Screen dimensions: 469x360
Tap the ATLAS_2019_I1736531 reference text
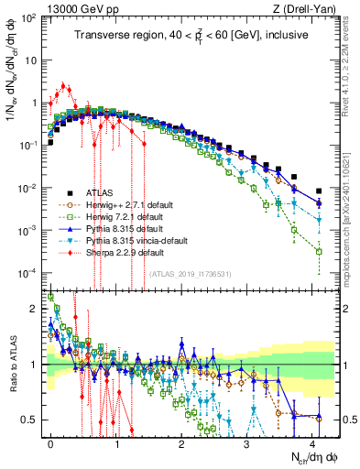click(x=190, y=273)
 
